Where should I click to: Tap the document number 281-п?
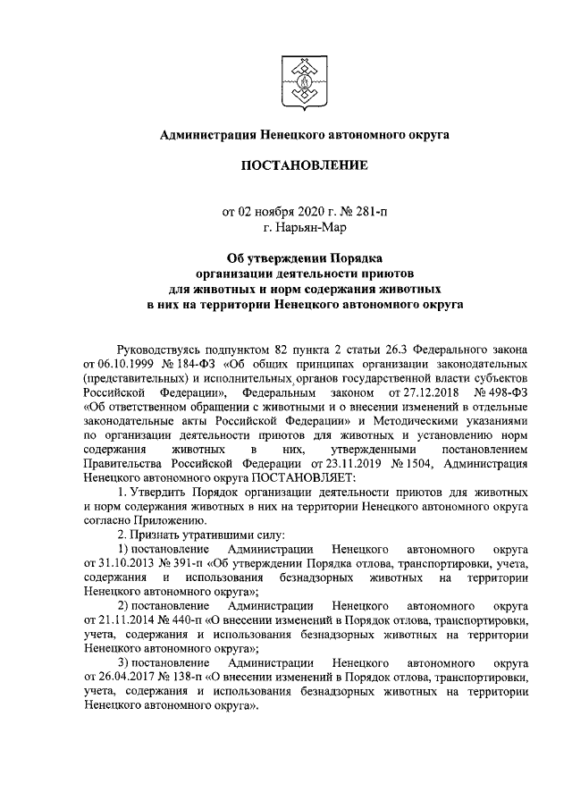pos(370,212)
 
